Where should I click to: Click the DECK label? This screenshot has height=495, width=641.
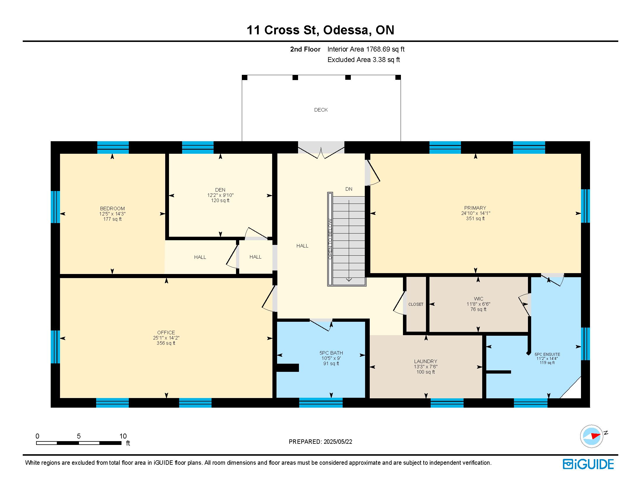(321, 110)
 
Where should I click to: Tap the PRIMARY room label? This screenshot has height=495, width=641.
(475, 208)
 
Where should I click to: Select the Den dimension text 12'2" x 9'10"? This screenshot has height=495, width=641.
(220, 195)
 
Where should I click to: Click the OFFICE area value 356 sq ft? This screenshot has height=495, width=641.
(166, 343)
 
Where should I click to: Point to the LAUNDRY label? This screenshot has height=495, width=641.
(426, 362)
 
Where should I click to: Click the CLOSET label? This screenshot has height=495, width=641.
(416, 304)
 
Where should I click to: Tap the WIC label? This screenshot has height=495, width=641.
(478, 299)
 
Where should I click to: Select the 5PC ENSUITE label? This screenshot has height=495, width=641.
(547, 354)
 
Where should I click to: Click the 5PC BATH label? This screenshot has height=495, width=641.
(331, 353)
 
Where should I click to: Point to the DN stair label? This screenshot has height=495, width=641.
(349, 189)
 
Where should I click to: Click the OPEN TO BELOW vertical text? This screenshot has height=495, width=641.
(330, 239)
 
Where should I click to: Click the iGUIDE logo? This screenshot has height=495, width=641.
(588, 464)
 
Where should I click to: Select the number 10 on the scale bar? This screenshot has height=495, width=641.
(123, 436)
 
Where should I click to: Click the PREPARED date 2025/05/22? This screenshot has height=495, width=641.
(337, 442)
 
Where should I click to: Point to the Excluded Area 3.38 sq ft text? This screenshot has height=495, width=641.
(364, 60)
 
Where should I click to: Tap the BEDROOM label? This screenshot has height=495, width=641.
(112, 209)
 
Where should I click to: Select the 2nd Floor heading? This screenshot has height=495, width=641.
(305, 49)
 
